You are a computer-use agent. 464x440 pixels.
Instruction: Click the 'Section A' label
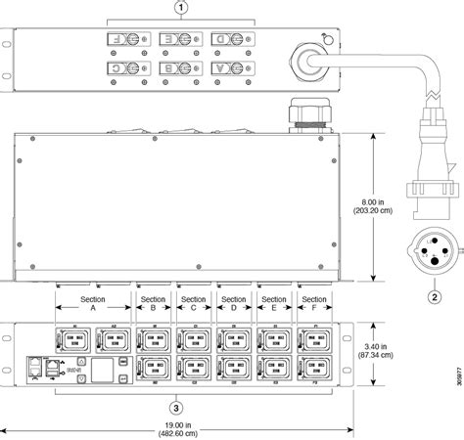point(93,276)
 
